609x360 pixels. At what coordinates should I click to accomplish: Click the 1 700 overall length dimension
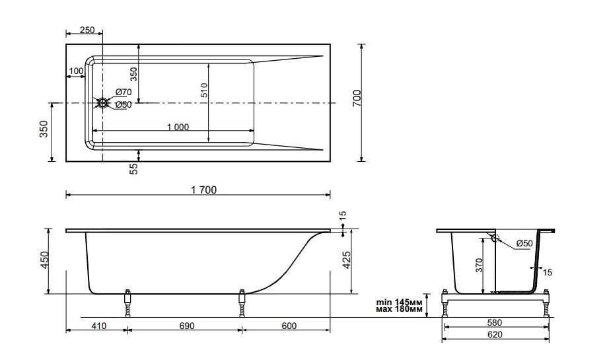tap(203, 190)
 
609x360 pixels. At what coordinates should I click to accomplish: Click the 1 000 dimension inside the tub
tap(178, 127)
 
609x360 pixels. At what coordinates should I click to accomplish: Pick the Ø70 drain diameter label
tap(124, 92)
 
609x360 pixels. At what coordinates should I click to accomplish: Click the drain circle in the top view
tap(103, 103)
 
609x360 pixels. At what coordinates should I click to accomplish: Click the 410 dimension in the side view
tap(98, 326)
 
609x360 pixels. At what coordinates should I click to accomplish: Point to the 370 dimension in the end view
tap(480, 266)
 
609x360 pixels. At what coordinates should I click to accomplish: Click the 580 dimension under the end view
tap(495, 322)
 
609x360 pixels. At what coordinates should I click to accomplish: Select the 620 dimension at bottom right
tap(495, 335)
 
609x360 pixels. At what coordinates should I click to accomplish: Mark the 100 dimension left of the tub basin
tap(76, 71)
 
